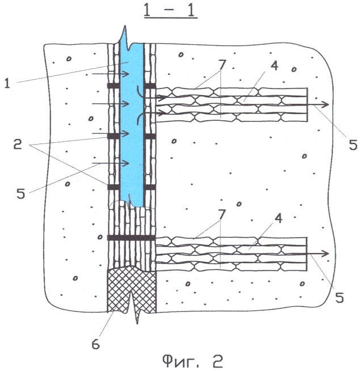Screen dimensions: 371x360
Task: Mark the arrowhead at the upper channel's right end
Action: click(x=325, y=104)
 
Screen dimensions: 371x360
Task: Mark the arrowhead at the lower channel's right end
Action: click(x=325, y=254)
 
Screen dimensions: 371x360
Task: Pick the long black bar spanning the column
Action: click(x=131, y=238)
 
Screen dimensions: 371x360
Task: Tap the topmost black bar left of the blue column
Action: click(x=114, y=86)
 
